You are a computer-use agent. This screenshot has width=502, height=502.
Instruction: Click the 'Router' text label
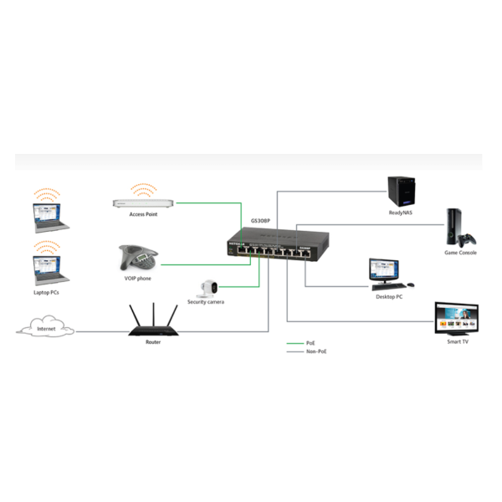(x=153, y=342)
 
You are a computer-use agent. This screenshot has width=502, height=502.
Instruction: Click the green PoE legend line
(x=295, y=343)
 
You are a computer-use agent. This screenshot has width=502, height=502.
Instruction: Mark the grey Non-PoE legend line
(x=295, y=352)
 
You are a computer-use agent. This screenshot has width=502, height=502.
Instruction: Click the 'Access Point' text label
(x=144, y=214)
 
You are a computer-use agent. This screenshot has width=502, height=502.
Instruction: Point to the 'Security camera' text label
(x=206, y=302)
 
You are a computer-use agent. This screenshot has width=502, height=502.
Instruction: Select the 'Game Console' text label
(x=461, y=252)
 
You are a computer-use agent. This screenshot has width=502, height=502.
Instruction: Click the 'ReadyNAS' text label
(x=401, y=213)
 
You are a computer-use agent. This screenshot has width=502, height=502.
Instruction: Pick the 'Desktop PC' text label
(x=388, y=297)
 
